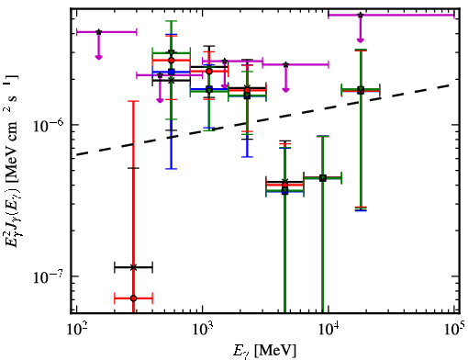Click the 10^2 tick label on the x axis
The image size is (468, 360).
76,330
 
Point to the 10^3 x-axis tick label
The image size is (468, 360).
202,330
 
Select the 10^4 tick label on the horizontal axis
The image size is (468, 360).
329,330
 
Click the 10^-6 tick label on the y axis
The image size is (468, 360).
48,124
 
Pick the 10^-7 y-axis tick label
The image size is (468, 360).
48,276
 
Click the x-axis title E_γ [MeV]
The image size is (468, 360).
264,351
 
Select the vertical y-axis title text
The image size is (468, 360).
13,160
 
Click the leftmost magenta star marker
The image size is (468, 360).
98,32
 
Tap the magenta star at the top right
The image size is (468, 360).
361,15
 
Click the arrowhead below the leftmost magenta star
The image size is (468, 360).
98,57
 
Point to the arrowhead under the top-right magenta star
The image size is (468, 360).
361,39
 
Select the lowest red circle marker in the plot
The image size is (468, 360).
133,298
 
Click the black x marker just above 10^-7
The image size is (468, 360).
133,267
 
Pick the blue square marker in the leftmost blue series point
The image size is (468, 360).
172,73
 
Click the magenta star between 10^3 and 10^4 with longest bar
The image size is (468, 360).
285,64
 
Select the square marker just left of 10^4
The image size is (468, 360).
323,178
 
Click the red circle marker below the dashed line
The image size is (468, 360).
284,185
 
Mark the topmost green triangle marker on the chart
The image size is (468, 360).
172,52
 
